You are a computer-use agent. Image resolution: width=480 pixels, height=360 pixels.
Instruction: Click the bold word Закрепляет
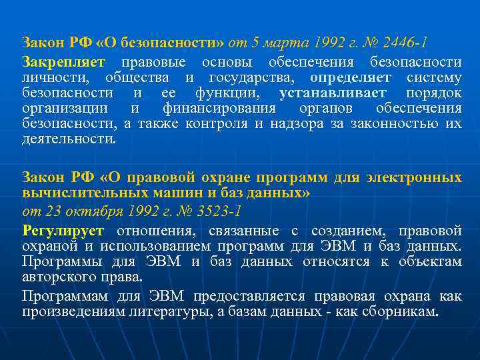point(63,62)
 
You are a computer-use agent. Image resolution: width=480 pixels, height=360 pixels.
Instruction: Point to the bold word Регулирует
point(63,231)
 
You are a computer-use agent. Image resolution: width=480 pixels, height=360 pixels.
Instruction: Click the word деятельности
point(68,139)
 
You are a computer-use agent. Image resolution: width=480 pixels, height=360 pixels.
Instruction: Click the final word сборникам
point(400,311)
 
